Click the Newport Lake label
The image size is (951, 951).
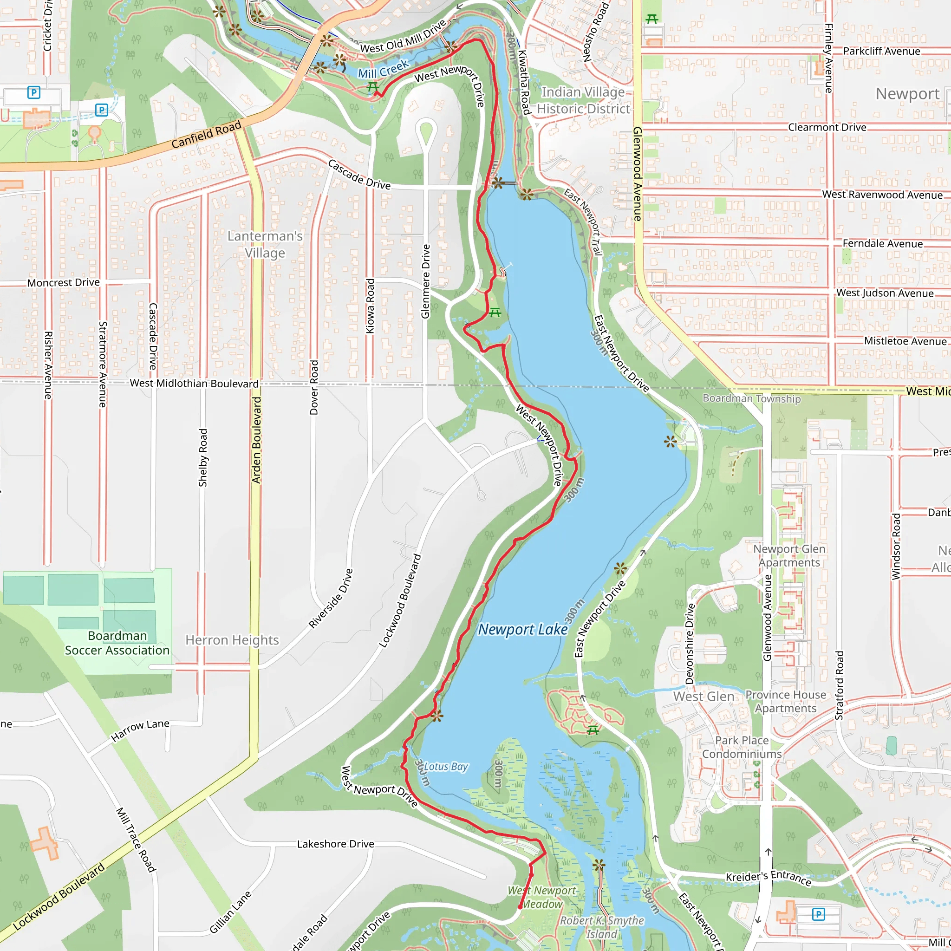523,630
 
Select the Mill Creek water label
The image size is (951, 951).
384,69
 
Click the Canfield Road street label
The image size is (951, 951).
206,134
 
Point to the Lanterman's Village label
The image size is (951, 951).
265,244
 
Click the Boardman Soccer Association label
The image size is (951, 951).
117,643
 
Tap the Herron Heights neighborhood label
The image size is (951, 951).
232,640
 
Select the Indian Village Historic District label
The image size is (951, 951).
583,100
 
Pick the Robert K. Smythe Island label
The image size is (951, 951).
602,927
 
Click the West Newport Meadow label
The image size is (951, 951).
542,897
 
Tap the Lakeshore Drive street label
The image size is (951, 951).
335,844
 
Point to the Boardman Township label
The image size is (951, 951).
751,398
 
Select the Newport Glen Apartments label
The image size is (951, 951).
789,555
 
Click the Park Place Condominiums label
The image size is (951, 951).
742,747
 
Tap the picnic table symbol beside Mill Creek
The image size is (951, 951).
372,87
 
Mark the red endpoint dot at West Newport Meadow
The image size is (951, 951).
520,907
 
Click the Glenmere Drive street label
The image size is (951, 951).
426,281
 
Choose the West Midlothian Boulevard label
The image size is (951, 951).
194,384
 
